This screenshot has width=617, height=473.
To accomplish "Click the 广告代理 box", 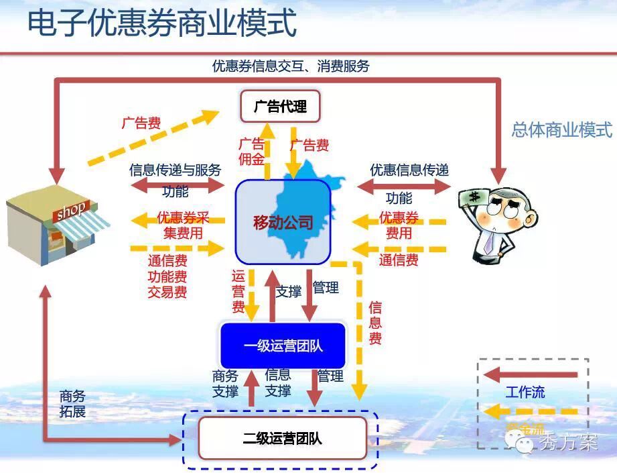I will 280,106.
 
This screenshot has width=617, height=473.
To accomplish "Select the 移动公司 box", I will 283,222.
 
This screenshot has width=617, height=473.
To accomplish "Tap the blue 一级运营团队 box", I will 283,346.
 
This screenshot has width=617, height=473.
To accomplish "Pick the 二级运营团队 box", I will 282,439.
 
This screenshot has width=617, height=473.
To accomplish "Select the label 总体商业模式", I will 561,129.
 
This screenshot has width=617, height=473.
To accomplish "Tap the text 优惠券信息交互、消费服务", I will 291,66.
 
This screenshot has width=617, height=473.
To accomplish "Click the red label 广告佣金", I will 251,152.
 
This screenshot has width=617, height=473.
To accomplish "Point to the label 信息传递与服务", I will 175,170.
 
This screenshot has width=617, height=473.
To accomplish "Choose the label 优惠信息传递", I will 409,170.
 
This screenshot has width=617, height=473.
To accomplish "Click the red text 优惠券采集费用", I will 183,225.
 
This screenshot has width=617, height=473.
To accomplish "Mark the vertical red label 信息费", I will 375,323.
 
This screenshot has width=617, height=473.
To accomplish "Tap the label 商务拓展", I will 72,403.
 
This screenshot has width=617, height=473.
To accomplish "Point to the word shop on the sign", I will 70,211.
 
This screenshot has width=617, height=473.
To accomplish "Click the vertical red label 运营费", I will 238,291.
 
